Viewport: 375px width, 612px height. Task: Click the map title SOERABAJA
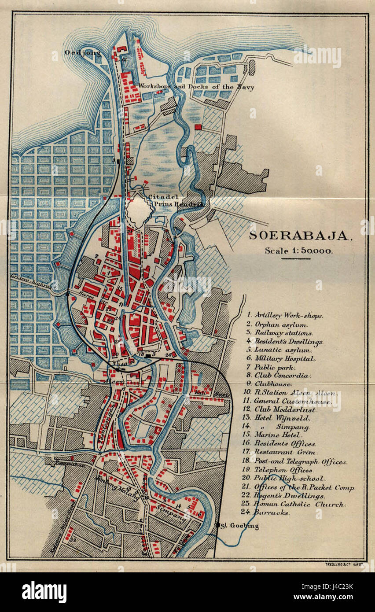point(301,236)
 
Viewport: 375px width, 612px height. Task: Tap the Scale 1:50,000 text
point(298,251)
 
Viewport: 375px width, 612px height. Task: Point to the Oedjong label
point(82,53)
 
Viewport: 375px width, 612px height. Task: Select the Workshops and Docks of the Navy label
point(196,87)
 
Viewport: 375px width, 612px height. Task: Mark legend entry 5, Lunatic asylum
point(282,350)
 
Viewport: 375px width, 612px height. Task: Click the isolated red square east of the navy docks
point(198,127)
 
